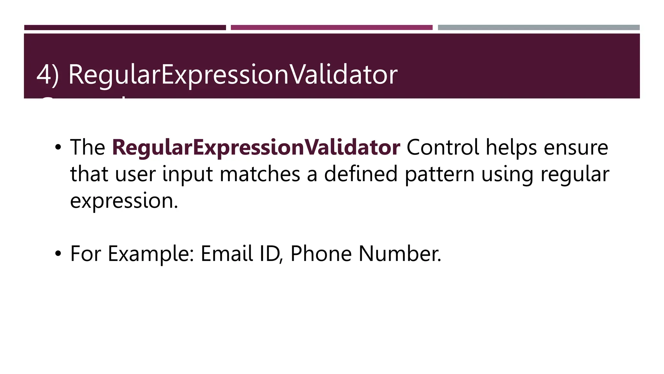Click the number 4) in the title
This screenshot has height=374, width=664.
point(47,75)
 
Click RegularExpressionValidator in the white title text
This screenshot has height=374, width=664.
point(232,75)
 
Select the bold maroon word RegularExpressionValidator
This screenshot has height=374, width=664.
point(256,148)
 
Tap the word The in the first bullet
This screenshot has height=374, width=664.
point(88,148)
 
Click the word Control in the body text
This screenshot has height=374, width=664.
point(443,148)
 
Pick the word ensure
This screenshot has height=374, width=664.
point(576,148)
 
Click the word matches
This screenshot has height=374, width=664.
point(260,174)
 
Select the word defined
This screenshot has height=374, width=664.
point(361,174)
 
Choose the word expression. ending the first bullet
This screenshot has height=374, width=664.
point(124,201)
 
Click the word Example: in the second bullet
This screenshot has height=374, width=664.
point(151,254)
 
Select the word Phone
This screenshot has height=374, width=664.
point(321,254)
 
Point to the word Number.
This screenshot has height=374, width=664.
point(400,254)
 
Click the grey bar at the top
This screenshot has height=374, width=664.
point(539,28)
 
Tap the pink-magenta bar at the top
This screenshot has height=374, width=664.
point(332,28)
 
